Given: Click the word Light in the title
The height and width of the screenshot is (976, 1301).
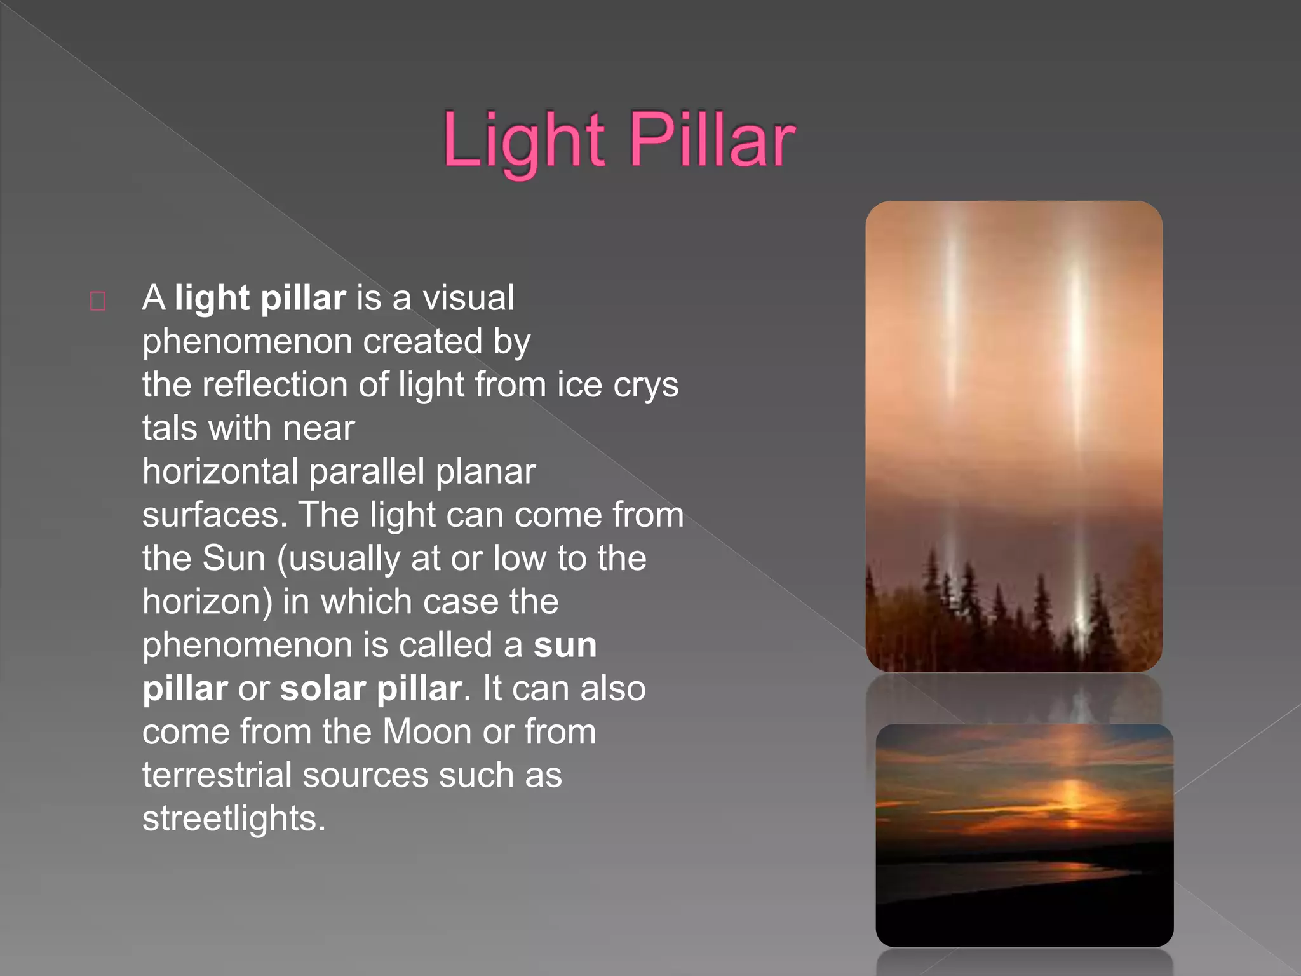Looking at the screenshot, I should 522,141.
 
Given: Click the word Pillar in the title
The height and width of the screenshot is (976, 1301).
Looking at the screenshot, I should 711,141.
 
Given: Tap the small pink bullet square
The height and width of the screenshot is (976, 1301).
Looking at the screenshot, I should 98,301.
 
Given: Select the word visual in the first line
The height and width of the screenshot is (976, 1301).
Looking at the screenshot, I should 468,298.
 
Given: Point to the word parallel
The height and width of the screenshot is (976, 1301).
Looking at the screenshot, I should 367,472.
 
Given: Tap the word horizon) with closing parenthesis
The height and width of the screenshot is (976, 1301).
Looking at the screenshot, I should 207,602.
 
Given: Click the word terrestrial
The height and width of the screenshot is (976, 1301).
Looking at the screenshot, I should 217,775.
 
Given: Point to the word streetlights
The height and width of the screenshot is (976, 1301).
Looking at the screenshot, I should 233,818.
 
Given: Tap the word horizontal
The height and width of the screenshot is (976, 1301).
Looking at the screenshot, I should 220,472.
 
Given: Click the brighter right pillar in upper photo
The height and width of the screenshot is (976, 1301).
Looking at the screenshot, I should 1075,343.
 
